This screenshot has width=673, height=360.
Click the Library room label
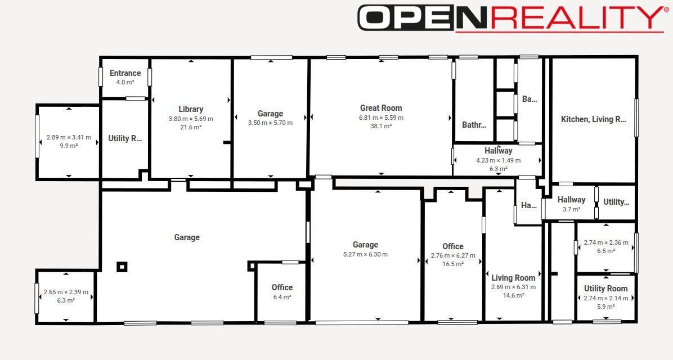tap(191, 109)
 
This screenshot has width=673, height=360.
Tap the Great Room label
tap(381, 107)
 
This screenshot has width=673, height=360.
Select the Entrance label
tap(125, 73)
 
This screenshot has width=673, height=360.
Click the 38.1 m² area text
tap(381, 126)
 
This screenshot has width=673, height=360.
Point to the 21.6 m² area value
tap(191, 128)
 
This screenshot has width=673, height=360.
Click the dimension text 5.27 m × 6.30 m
tap(365, 254)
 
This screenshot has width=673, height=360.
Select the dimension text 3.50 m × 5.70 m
tap(271, 123)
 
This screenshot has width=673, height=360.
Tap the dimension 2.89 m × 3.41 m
tap(69, 137)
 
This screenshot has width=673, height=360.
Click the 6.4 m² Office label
tap(282, 287)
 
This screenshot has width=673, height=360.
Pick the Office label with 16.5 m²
tap(453, 246)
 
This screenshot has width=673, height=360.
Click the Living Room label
tap(513, 278)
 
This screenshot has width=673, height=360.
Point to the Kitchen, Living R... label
tap(594, 119)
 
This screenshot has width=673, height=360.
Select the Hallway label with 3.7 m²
tap(571, 200)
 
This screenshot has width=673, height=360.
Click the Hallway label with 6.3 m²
tap(499, 151)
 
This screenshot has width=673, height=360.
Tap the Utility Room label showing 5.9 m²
tap(605, 289)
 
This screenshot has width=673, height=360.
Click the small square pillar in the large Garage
tap(122, 267)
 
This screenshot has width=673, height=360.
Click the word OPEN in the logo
tap(406, 17)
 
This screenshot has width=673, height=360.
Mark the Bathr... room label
tap(474, 125)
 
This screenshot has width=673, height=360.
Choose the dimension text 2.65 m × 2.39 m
tap(66, 292)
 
